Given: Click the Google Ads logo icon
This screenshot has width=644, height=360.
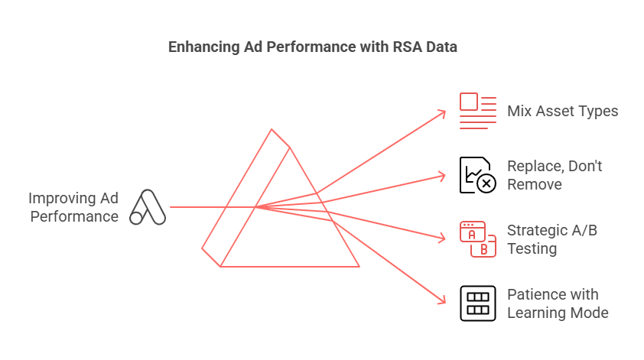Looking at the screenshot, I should click(148, 207).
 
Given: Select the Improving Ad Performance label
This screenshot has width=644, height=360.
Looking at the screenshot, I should click(73, 207).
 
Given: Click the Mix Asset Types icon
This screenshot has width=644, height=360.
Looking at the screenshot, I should click(477, 112).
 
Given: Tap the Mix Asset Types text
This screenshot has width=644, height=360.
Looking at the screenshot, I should click(562, 112).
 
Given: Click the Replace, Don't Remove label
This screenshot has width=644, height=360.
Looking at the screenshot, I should click(555, 175).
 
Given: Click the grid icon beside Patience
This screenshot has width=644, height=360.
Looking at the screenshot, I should click(477, 303).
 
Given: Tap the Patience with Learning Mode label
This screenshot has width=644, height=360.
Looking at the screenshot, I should click(558, 303).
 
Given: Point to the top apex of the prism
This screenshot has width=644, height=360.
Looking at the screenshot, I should click(272, 129).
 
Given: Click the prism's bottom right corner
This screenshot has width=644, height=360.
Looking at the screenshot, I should click(359, 267).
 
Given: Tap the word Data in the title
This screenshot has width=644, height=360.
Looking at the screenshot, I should click(443, 47).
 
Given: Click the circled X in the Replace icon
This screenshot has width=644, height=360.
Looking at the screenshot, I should click(486, 183).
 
